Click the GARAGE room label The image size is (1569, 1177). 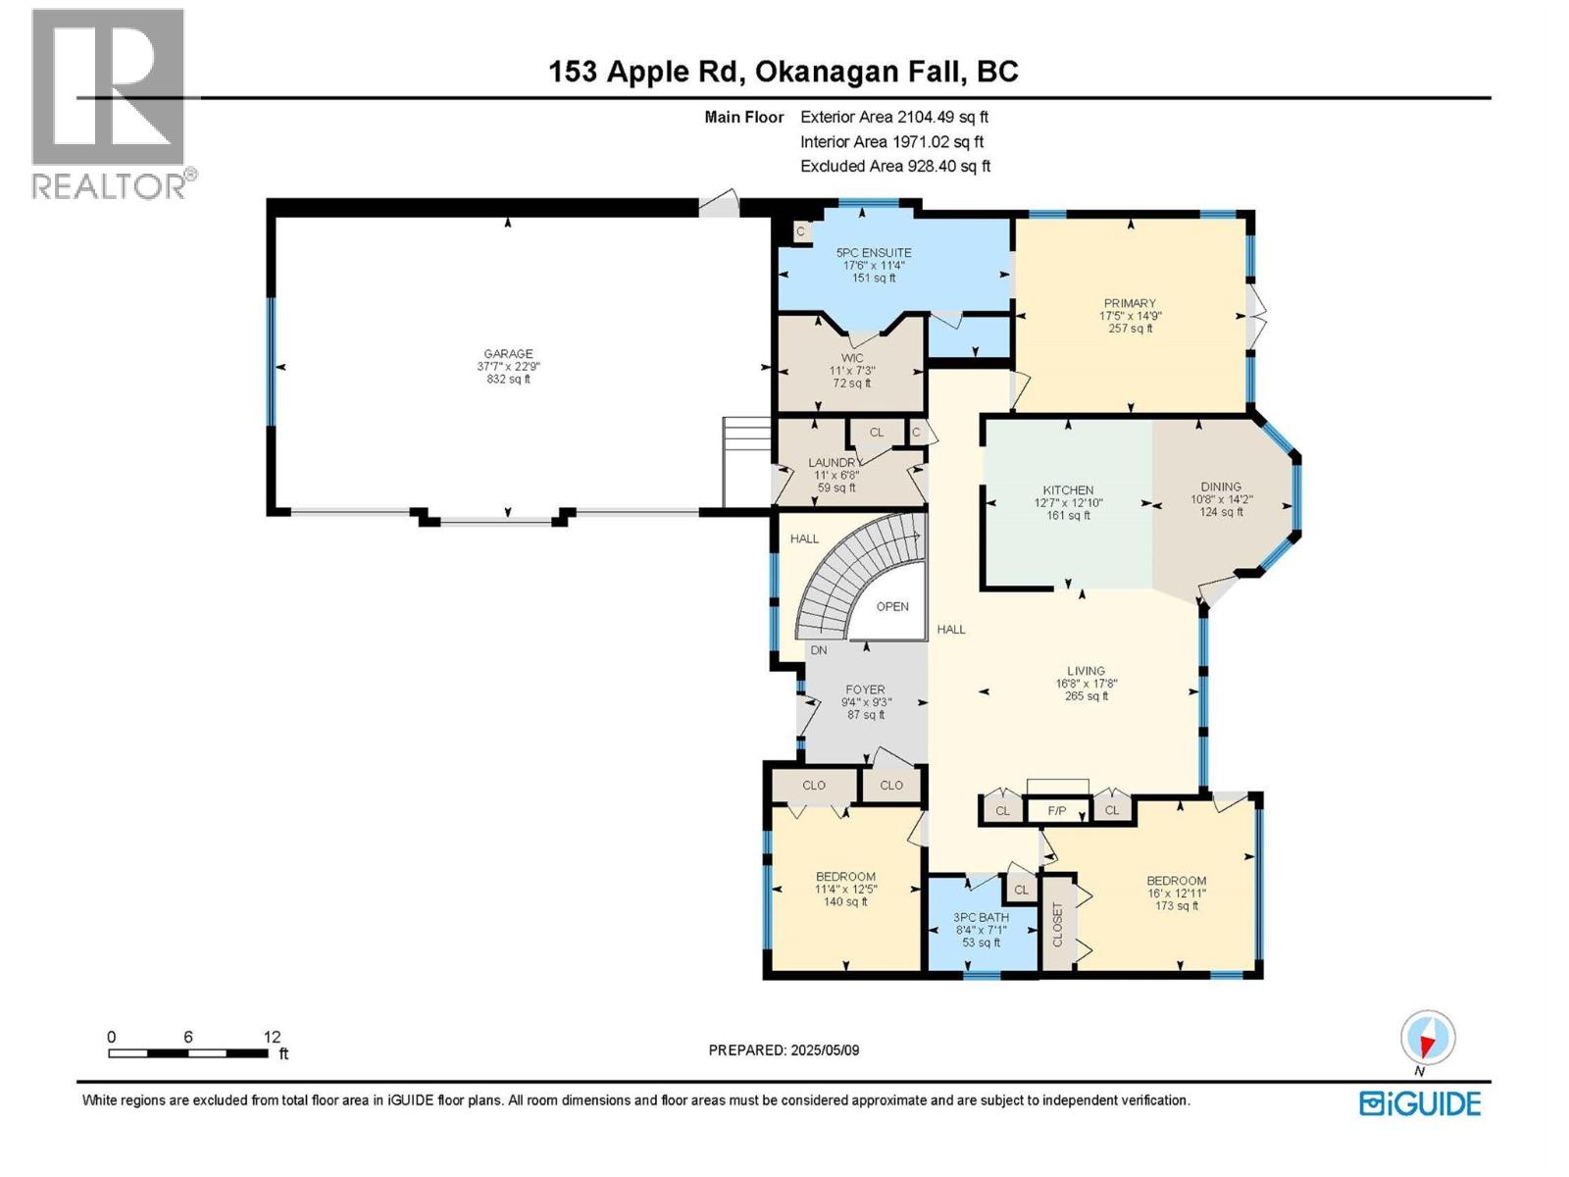(508, 354)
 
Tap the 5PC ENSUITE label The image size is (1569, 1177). (874, 252)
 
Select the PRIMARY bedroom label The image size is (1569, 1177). (1130, 303)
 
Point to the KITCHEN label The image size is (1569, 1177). (1068, 490)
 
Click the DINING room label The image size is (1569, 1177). (1221, 486)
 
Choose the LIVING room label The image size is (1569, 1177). (1086, 671)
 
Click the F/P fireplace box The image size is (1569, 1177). (1057, 810)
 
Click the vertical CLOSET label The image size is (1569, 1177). (1058, 925)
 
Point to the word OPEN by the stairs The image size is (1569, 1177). (892, 607)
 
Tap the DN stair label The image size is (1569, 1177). (819, 650)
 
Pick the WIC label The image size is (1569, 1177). (852, 358)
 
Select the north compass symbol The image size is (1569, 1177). (1428, 1038)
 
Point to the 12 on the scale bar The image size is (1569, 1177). (272, 1037)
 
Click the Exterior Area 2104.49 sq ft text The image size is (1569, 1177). (894, 117)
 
